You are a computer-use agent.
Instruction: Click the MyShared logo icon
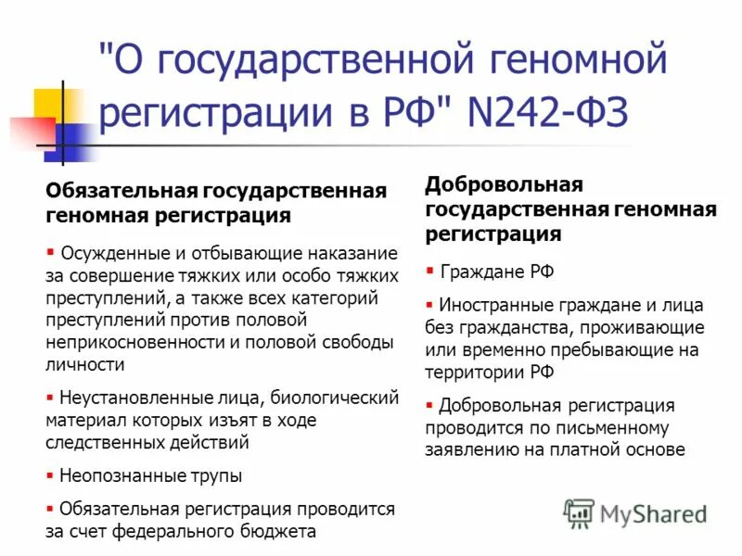coord(580,513)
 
